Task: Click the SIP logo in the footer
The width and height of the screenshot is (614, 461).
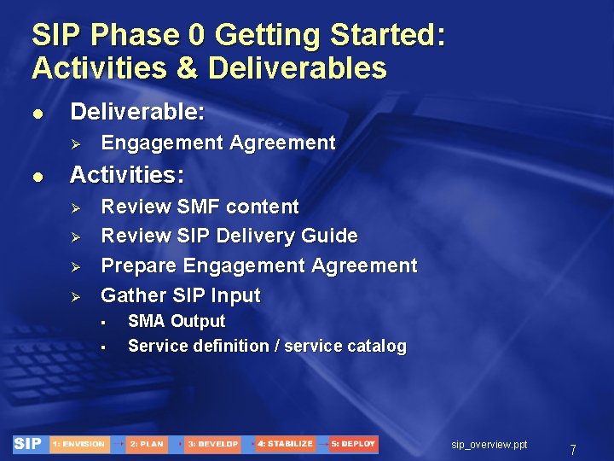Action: point(28,444)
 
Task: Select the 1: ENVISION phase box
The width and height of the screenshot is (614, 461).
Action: point(78,444)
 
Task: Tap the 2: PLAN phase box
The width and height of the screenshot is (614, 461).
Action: point(147,444)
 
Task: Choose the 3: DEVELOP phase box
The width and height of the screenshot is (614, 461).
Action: point(212,444)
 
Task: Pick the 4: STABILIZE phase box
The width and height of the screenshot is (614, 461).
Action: point(285,444)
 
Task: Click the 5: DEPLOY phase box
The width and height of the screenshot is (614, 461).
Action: point(353,444)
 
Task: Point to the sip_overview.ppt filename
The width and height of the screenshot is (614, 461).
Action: point(489,445)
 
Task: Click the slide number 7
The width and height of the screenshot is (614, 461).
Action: point(573,449)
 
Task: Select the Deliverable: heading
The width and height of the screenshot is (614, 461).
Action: point(137,112)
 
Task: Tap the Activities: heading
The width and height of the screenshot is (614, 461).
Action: point(126,175)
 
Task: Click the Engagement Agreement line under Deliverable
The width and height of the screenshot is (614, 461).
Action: point(218,143)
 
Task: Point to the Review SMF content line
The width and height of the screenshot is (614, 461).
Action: point(200,207)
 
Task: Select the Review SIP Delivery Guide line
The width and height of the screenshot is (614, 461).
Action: point(229,236)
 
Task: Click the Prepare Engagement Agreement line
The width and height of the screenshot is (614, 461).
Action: point(259,266)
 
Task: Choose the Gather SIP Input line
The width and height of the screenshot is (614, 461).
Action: point(181,295)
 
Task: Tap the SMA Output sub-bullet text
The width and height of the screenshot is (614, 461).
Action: point(177,322)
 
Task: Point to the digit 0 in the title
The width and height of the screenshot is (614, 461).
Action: point(196,36)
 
